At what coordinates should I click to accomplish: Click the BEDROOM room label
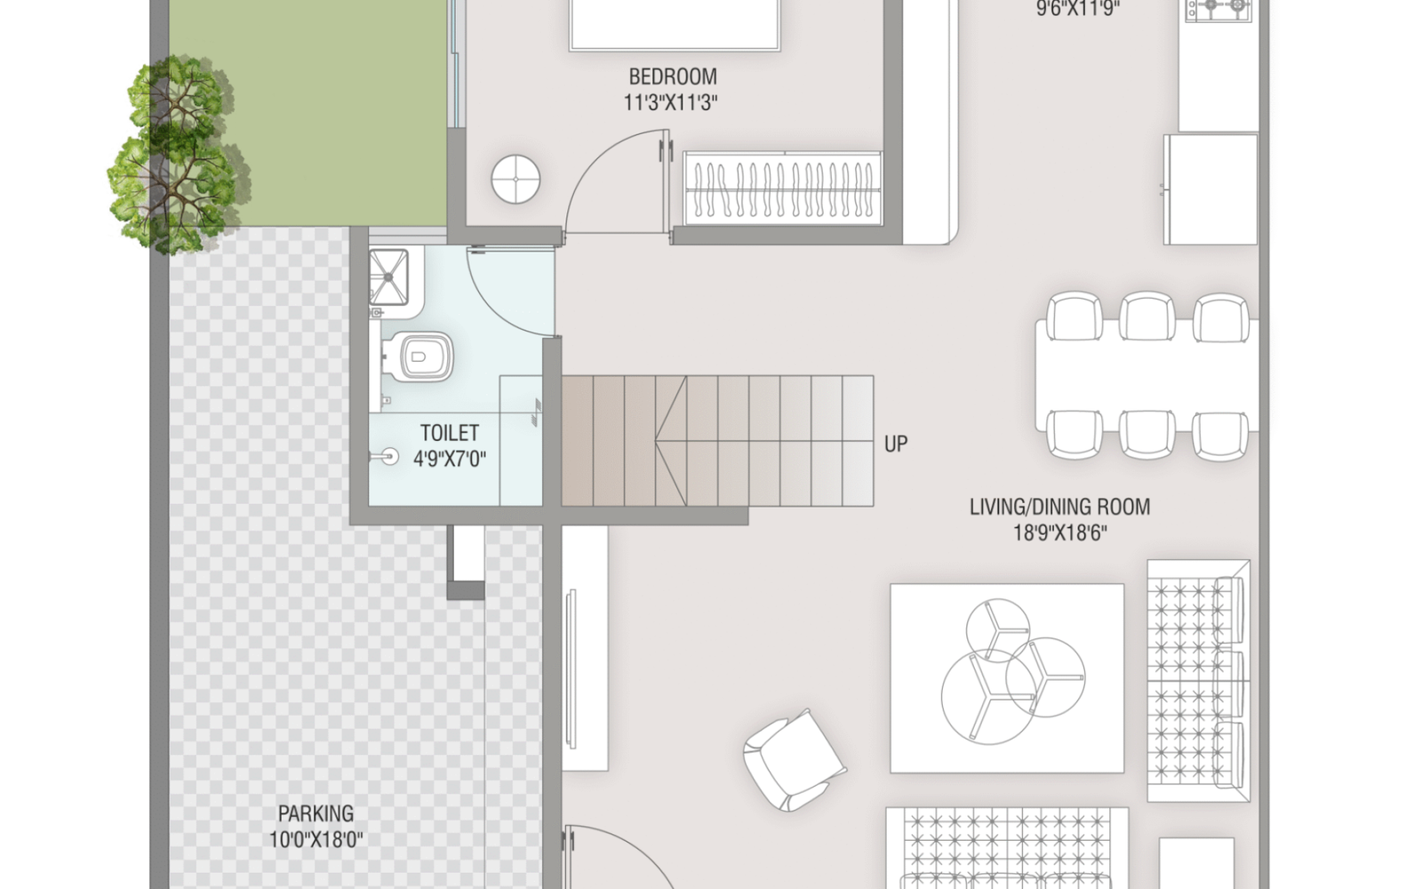coord(673,76)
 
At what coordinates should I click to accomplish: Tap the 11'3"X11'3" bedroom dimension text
coord(670,102)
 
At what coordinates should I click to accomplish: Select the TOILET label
coord(449,433)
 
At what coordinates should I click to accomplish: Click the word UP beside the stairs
coord(896,444)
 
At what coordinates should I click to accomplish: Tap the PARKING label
coord(316,813)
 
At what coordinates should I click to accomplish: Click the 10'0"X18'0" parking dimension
coord(316,839)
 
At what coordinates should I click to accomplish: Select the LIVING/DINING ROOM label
coord(1059,507)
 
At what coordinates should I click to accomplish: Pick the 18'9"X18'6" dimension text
coord(1059,533)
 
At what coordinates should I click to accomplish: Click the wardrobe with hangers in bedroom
coord(782,188)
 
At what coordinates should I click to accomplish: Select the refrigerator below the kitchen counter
coord(1210,188)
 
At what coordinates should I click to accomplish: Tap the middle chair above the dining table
coord(1146,316)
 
